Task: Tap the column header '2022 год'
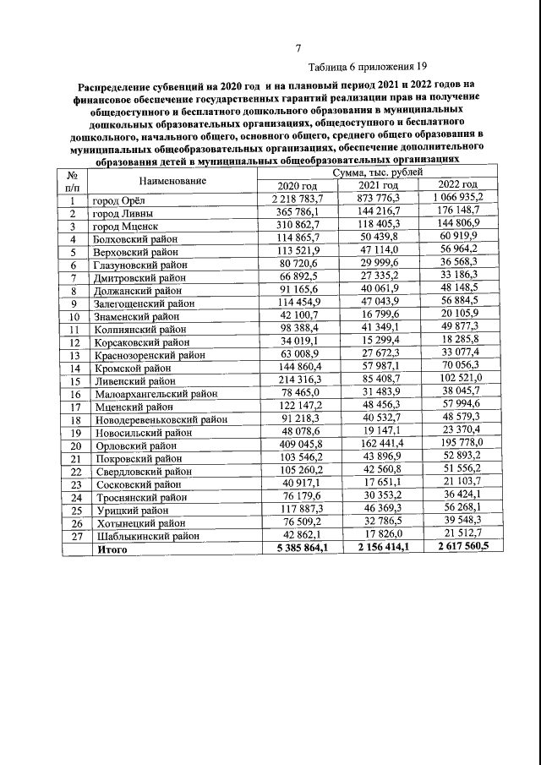click(457, 184)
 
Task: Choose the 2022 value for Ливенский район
click(457, 380)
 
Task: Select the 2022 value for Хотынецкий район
click(457, 522)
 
